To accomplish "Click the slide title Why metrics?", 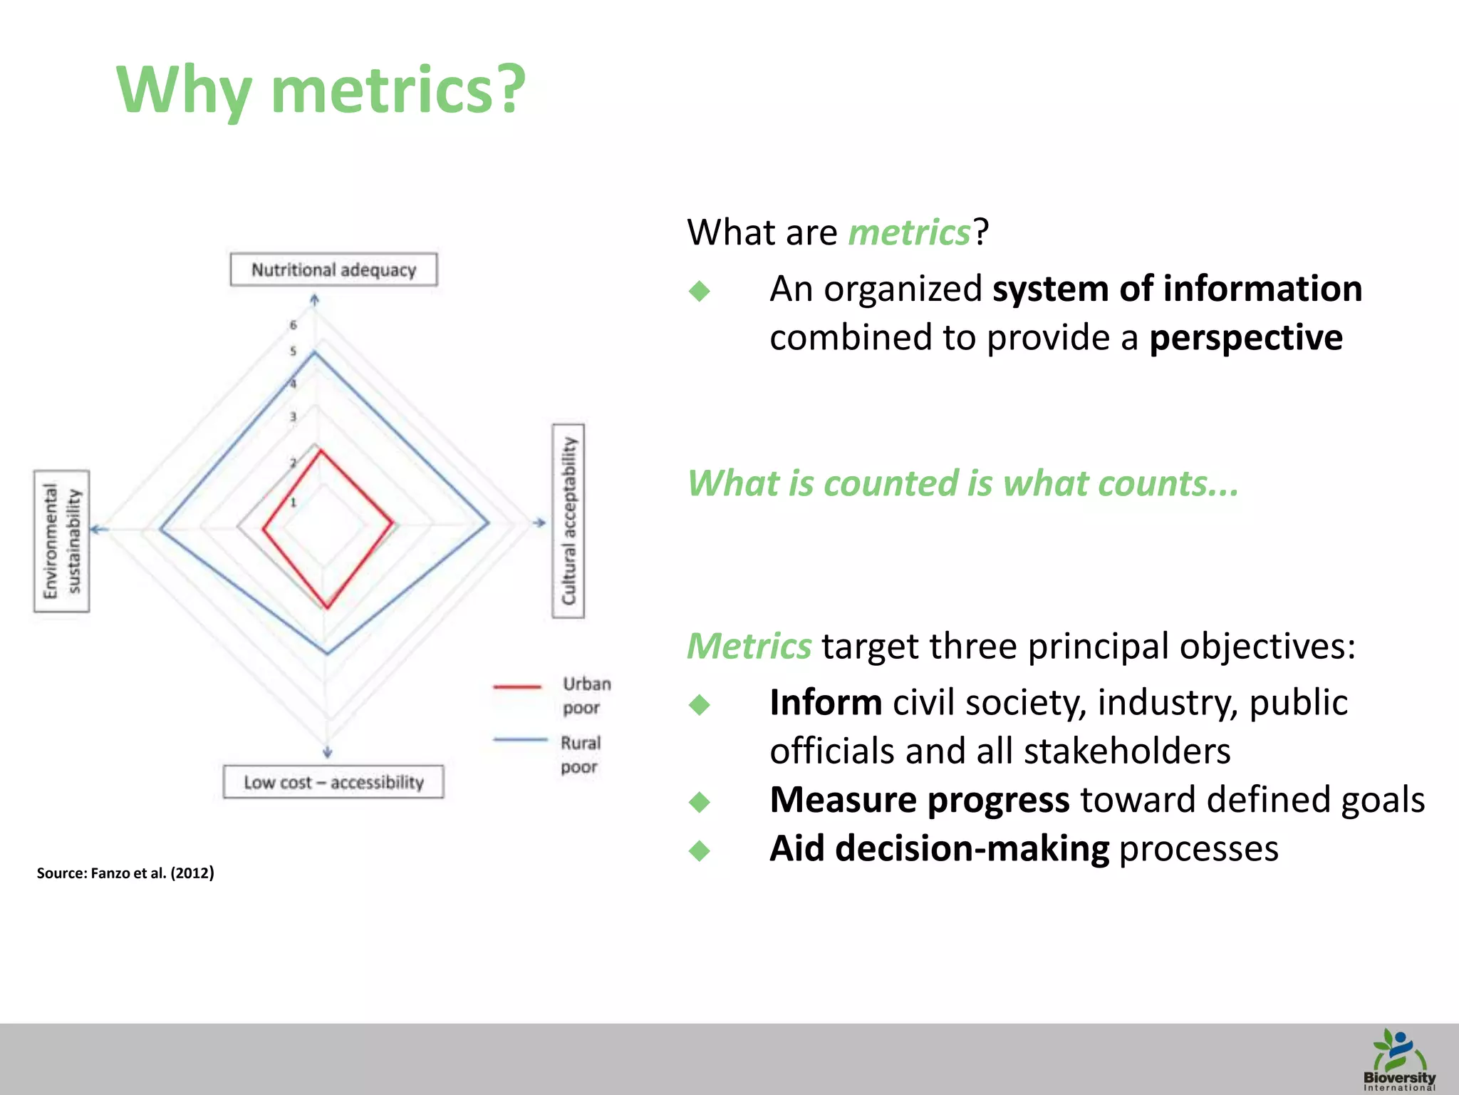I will click(321, 91).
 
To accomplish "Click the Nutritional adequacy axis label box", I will click(333, 269).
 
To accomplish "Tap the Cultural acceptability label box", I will click(568, 521).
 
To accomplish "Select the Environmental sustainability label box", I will click(62, 541).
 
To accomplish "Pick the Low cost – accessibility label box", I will click(333, 782).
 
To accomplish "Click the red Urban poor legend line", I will click(518, 687).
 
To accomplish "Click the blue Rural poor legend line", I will click(519, 741).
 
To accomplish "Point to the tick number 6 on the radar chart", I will click(293, 325).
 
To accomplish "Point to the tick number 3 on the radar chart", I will click(293, 417).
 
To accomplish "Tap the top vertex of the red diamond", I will click(321, 450).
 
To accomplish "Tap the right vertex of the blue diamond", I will click(489, 523).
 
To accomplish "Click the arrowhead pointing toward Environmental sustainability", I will click(97, 529).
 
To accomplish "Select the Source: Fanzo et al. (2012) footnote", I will click(125, 873).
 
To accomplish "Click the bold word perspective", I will click(1245, 337).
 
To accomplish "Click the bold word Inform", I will click(826, 703).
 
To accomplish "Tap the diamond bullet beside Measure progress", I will click(700, 802).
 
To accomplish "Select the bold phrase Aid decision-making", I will click(939, 849).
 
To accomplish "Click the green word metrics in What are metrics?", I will click(909, 233).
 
